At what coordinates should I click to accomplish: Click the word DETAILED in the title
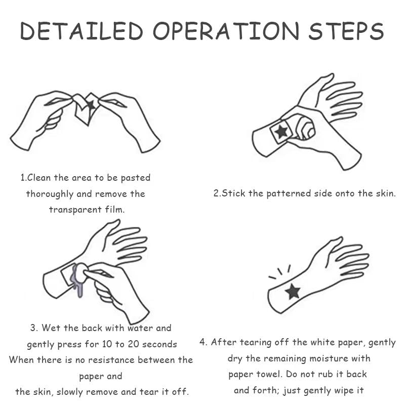(x=82, y=31)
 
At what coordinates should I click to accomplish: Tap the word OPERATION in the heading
(x=226, y=31)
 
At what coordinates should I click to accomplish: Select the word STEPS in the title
(x=346, y=31)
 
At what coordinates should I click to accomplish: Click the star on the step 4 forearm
(x=293, y=292)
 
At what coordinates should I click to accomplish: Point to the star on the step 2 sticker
(x=281, y=131)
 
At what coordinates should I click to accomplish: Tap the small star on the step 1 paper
(x=91, y=105)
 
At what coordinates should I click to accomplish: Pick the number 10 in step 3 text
(x=107, y=344)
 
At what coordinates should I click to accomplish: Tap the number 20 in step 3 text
(x=134, y=344)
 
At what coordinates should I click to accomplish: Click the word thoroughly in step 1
(x=50, y=194)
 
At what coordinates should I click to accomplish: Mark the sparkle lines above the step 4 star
(x=280, y=272)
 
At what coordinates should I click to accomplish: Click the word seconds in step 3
(x=159, y=344)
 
